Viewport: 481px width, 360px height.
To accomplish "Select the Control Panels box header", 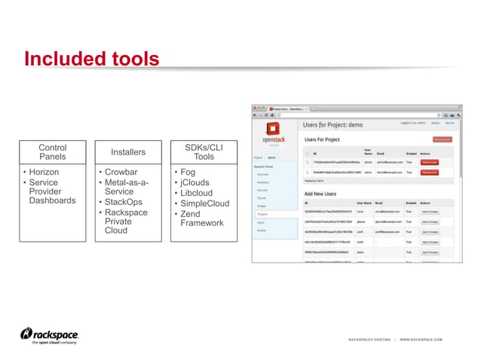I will (x=52, y=151).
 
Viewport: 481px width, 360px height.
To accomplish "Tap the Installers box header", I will (x=128, y=152).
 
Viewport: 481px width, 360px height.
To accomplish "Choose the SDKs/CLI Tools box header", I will (x=204, y=151).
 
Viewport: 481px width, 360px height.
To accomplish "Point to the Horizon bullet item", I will (x=44, y=172).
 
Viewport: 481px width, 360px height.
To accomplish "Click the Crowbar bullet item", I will (x=121, y=172).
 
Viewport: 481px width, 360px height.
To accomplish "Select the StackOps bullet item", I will (x=124, y=203).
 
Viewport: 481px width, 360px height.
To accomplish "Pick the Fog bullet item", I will (x=187, y=172).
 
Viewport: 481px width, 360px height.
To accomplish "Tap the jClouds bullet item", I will (x=195, y=182).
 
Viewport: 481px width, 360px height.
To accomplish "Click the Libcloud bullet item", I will (x=197, y=193).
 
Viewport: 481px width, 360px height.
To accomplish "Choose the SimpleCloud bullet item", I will (x=204, y=203).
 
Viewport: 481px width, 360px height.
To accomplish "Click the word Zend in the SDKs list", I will (x=191, y=213).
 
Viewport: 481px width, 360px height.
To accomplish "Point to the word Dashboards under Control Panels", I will (x=52, y=201).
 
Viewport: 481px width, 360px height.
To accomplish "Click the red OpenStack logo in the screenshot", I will (x=272, y=130).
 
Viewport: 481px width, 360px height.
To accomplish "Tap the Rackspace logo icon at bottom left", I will (x=26, y=334).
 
